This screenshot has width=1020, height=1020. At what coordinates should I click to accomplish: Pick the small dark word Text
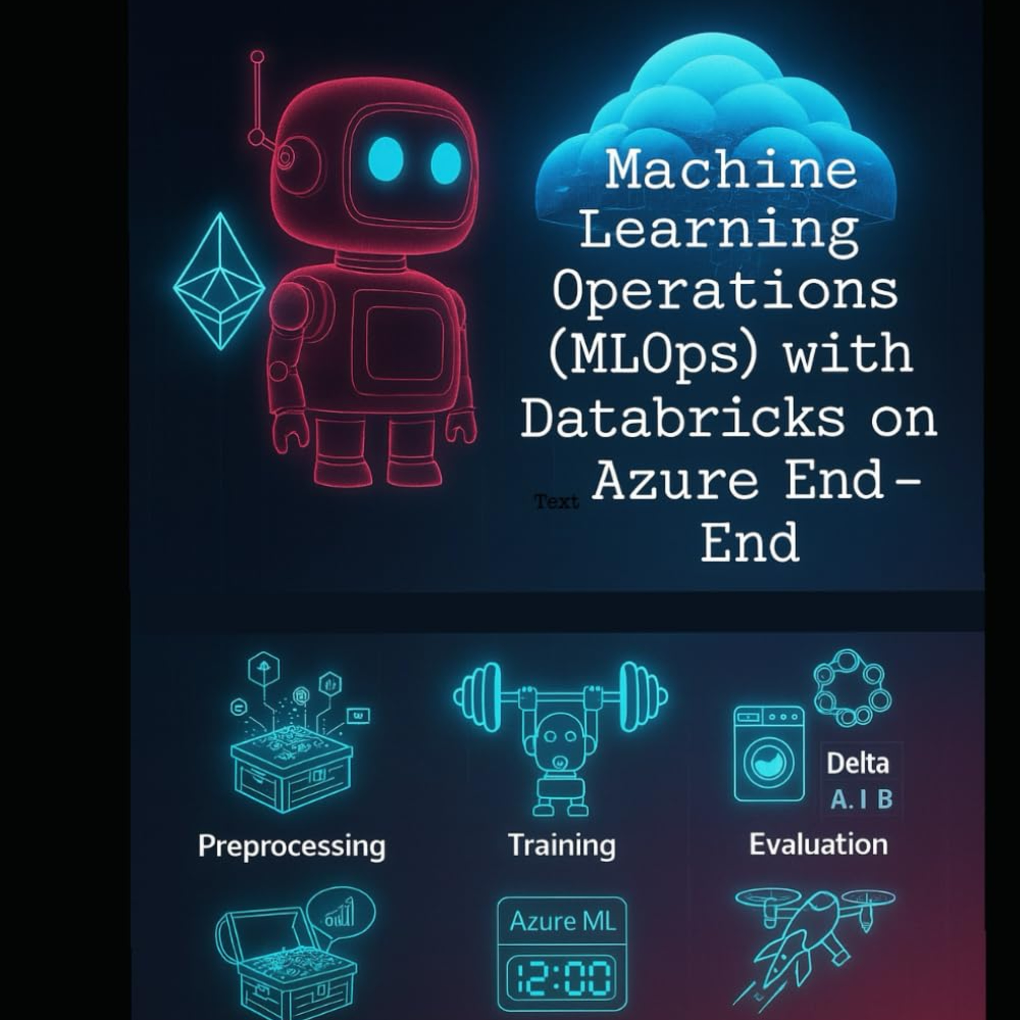point(557,501)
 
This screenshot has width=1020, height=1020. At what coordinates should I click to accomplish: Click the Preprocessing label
point(291,846)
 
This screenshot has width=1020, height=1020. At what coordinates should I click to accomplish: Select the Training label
point(562,845)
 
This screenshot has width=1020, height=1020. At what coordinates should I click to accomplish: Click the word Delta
point(857,763)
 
